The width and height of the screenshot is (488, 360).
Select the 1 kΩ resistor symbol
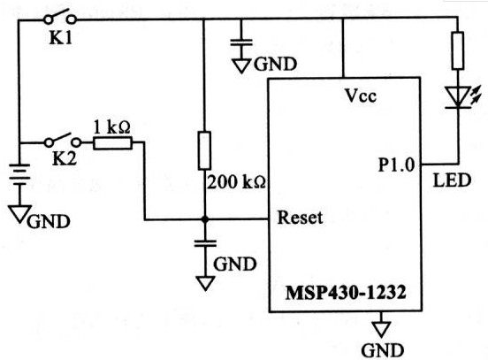point(112,142)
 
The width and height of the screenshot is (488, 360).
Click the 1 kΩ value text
point(112,125)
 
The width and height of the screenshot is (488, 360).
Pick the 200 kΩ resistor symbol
point(204,150)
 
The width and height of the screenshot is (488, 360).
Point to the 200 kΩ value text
point(236,183)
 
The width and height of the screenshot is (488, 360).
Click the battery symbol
point(19,176)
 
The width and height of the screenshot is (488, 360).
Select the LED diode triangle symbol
point(457,96)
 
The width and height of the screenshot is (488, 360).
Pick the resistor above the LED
point(457,50)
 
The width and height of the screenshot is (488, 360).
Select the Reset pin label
point(298,218)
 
